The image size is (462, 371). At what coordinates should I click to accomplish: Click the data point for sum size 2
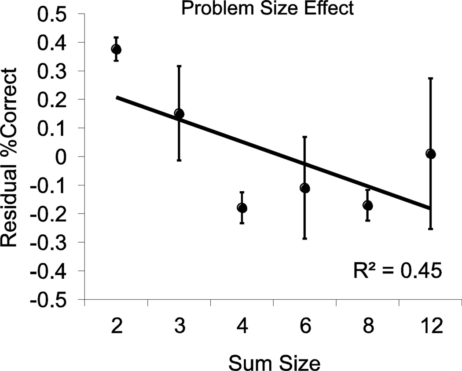click(x=116, y=49)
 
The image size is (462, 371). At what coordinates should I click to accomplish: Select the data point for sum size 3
click(x=179, y=113)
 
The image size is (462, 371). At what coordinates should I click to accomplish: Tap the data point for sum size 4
click(x=242, y=207)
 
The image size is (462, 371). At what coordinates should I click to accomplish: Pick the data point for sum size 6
click(x=304, y=188)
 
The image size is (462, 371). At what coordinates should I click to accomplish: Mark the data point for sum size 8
click(x=368, y=205)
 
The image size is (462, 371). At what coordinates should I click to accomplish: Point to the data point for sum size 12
click(x=431, y=153)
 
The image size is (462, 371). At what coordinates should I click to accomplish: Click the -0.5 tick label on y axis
click(x=54, y=300)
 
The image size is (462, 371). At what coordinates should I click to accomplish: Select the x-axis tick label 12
click(x=431, y=327)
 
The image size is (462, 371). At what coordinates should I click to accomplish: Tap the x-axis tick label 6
click(x=305, y=327)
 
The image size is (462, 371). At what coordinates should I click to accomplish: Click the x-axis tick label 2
click(x=116, y=327)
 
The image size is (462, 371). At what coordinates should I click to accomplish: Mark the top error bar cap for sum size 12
click(x=431, y=78)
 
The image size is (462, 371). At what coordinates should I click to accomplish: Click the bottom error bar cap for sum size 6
click(x=304, y=238)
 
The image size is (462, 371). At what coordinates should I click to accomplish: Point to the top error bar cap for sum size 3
click(x=179, y=66)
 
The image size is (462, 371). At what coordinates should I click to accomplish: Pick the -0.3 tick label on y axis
click(x=54, y=243)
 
